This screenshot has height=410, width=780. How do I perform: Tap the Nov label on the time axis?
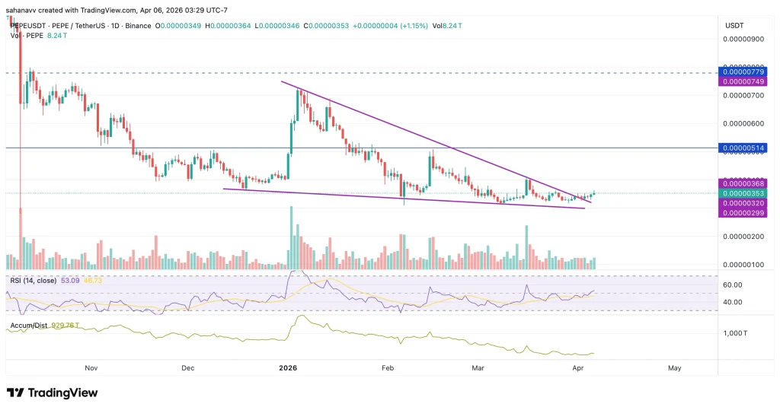(91, 368)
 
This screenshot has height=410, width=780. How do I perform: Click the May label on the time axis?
(674, 368)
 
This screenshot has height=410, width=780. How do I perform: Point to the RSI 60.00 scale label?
(732, 284)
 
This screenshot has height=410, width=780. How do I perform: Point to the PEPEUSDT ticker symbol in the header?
(27, 25)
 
